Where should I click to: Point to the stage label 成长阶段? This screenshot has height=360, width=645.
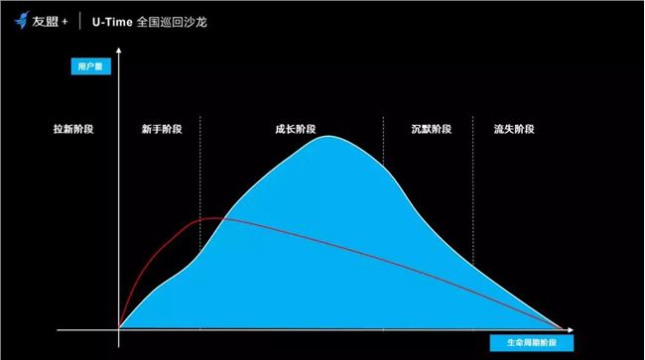coord(295,129)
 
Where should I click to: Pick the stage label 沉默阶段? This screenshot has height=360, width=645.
coord(431,129)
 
